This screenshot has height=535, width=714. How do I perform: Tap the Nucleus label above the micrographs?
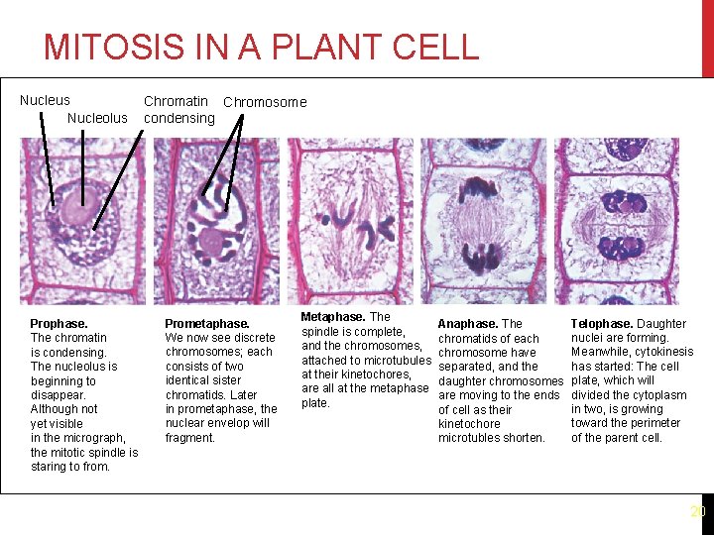click(45, 100)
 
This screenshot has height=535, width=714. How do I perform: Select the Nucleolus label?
click(97, 118)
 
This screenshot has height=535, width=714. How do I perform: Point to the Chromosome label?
click(265, 102)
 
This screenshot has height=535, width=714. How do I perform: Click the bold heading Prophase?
click(59, 324)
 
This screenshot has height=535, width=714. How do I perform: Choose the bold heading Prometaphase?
click(206, 324)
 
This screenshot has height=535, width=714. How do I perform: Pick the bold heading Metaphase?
click(333, 317)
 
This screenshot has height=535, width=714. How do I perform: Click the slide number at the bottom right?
click(697, 512)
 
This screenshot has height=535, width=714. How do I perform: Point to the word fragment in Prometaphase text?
click(188, 438)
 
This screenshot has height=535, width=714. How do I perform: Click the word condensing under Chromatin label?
click(178, 119)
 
